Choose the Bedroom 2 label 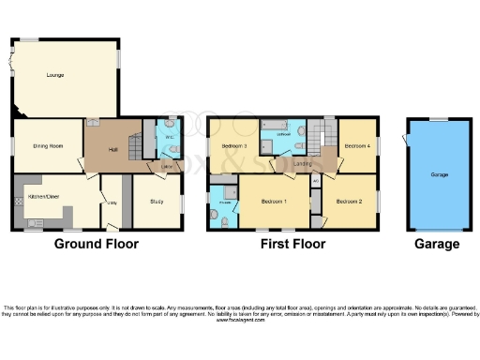349,202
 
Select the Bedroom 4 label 357,147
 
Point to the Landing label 302,165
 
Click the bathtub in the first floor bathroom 278,126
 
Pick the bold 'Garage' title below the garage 437,245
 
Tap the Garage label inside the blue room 438,175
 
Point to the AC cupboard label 315,179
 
